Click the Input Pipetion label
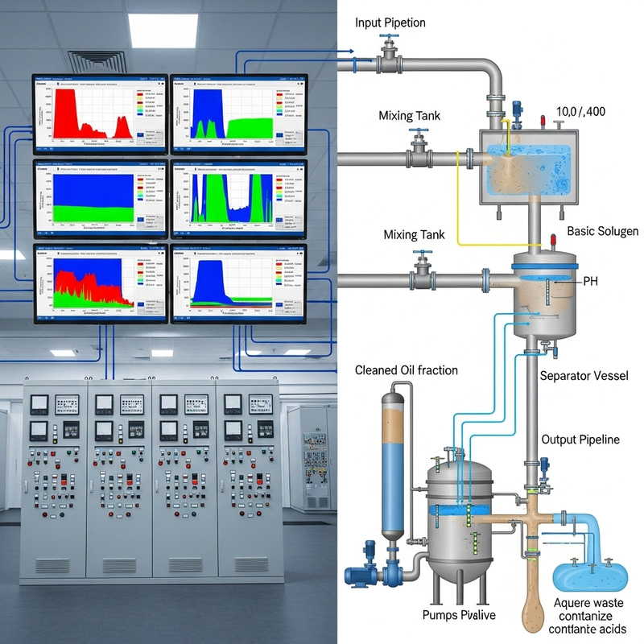coord(391,23)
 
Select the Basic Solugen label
coord(602,231)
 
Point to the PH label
coord(591,282)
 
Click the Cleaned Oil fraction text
coord(407,370)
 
